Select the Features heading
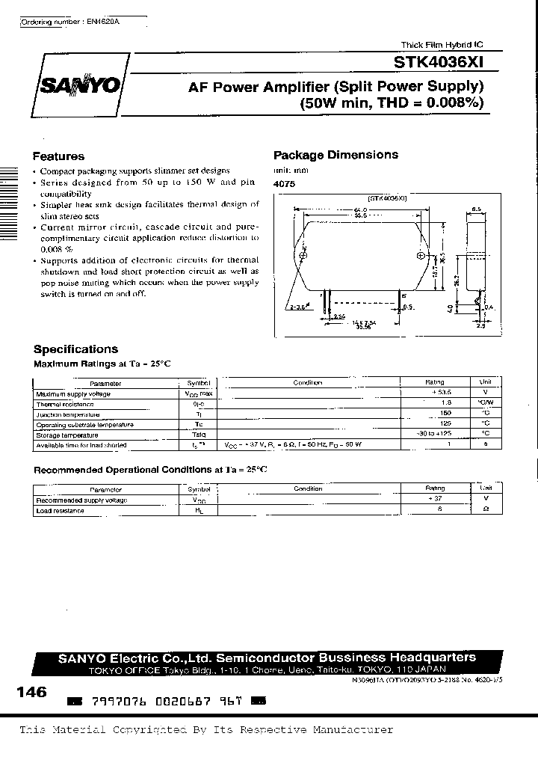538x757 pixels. click(x=58, y=156)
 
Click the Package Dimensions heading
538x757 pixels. click(x=336, y=155)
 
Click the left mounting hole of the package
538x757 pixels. click(x=303, y=256)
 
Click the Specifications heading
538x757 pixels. click(x=75, y=349)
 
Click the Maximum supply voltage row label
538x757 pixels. click(x=73, y=393)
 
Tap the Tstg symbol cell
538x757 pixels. click(x=200, y=435)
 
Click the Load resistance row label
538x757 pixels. click(x=60, y=511)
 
